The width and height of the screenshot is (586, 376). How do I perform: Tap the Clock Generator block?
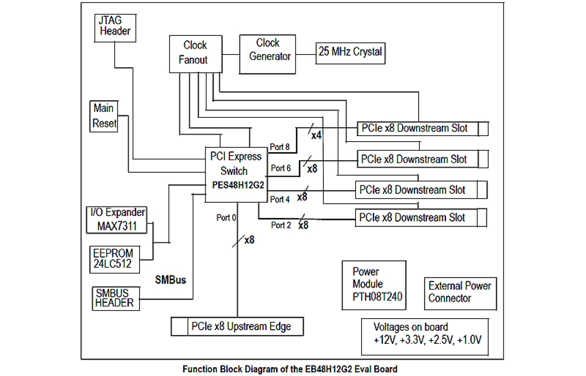[x=268, y=50]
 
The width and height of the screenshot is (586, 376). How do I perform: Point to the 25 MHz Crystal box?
[x=350, y=52]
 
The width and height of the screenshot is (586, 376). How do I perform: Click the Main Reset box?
[x=104, y=116]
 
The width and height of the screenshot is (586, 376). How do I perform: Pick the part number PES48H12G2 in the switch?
[x=237, y=185]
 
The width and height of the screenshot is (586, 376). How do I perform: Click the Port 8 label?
[x=280, y=147]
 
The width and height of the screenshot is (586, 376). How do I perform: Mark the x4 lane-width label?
[x=316, y=135]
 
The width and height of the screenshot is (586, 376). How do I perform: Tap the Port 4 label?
[x=280, y=199]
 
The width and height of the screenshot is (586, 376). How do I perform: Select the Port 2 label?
[x=281, y=225]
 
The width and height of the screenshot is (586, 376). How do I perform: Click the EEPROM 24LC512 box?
[x=113, y=259]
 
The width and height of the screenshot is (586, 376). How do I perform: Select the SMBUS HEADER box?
[x=115, y=298]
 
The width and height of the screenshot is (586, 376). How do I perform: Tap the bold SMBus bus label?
[x=170, y=280]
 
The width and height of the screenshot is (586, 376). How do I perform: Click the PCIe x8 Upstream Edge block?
[x=238, y=326]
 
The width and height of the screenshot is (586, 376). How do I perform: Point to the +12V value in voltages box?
[x=383, y=340]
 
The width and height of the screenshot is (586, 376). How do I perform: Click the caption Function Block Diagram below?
[x=290, y=369]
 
